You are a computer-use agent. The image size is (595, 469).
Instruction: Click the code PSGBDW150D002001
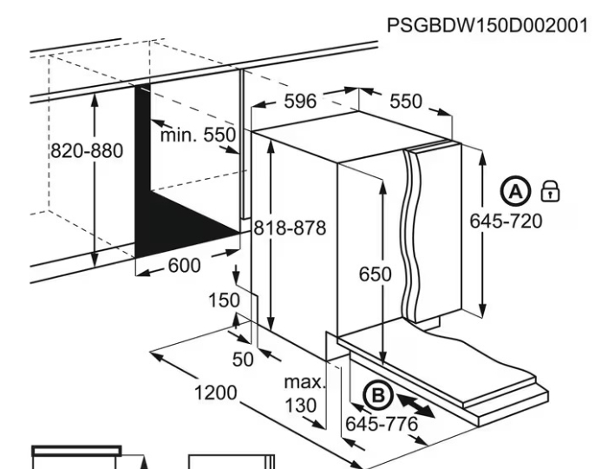click(x=487, y=26)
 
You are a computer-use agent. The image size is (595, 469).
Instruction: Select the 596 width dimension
click(x=300, y=101)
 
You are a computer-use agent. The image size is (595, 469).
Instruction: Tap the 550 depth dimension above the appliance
click(x=405, y=101)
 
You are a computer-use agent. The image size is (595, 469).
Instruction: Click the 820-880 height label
click(x=86, y=150)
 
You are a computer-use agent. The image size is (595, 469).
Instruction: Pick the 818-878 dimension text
click(x=290, y=228)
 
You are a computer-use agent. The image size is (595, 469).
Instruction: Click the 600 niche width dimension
click(x=184, y=266)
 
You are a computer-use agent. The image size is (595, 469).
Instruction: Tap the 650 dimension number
click(x=376, y=274)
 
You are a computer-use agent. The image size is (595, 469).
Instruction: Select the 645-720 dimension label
click(x=506, y=221)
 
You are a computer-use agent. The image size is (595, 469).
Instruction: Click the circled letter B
click(x=377, y=396)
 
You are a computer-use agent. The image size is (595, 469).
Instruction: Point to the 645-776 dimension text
click(x=382, y=425)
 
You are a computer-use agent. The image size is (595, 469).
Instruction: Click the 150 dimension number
click(x=223, y=301)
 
